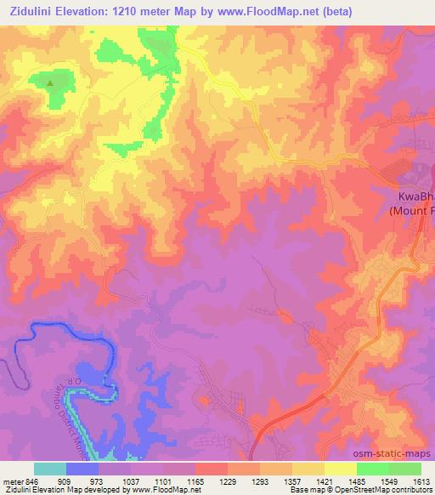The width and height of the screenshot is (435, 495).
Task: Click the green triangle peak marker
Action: point(49,83)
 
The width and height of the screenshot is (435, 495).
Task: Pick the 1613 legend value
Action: point(421,481)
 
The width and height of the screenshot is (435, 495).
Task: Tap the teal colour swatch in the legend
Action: point(50,469)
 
